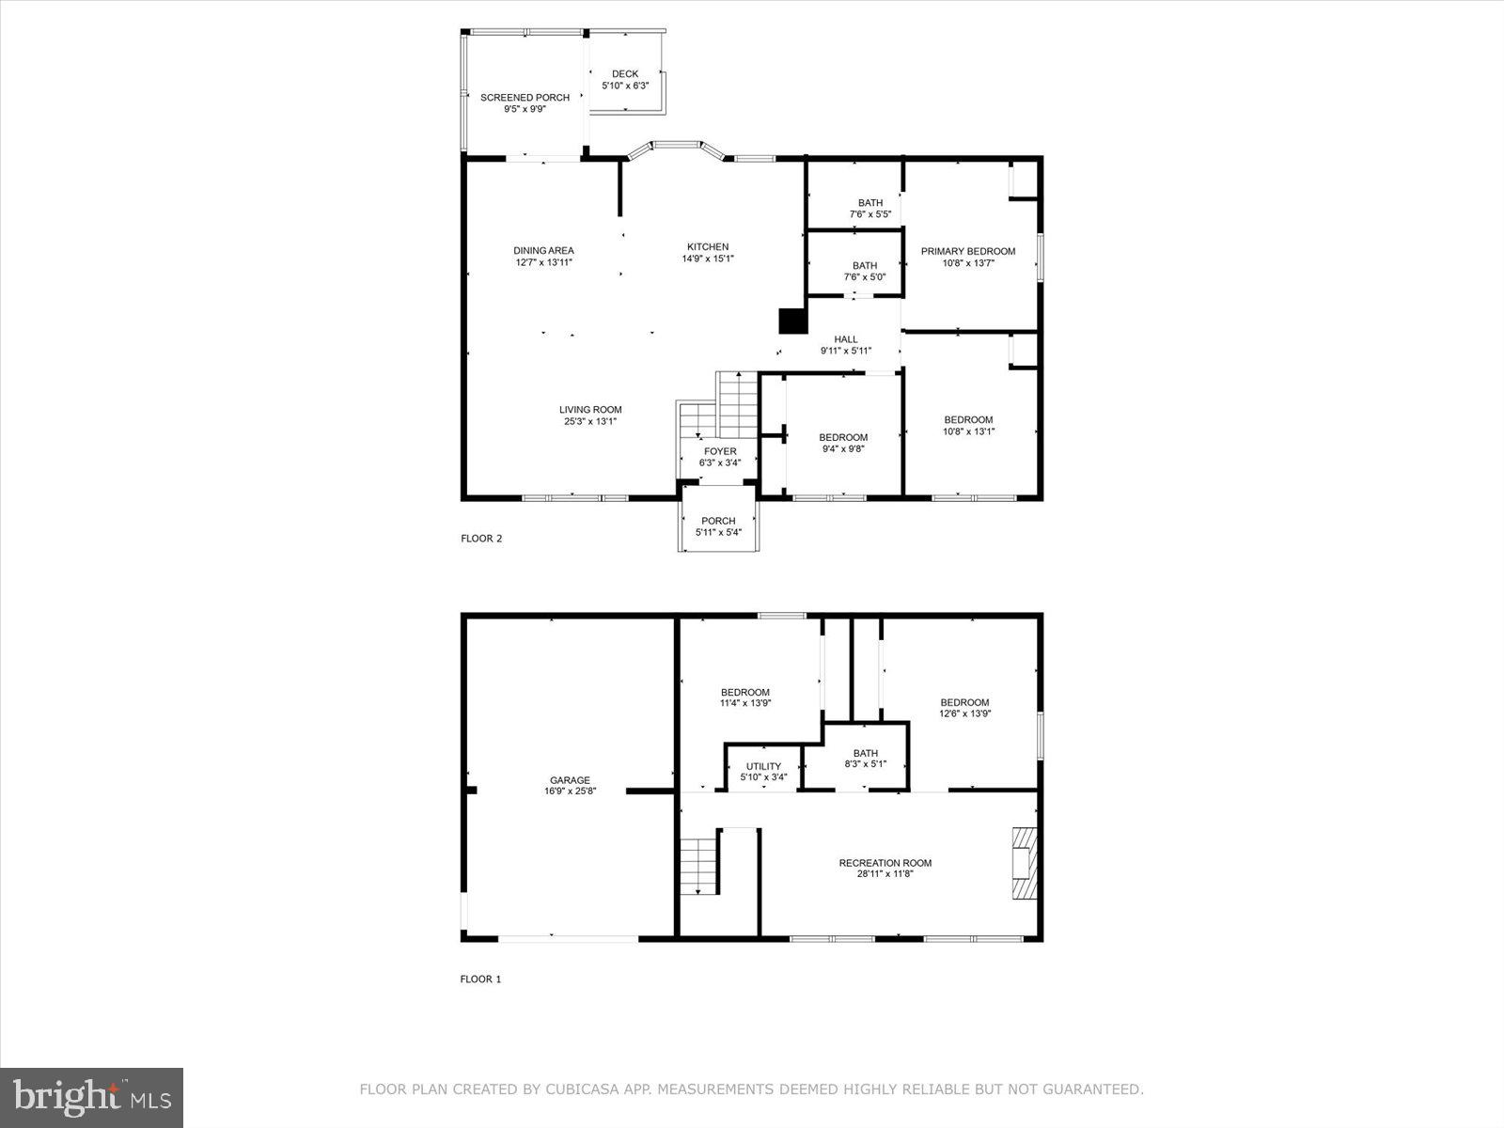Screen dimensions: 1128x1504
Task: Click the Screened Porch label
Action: point(525,98)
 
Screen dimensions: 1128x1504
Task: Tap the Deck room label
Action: point(625,74)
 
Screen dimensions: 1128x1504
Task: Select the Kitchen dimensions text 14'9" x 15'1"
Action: point(707,258)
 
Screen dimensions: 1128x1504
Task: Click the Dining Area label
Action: point(543,251)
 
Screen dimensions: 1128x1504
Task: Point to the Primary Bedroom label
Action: point(968,251)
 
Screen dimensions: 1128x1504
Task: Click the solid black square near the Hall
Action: point(793,321)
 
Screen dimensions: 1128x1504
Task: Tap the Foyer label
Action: point(720,452)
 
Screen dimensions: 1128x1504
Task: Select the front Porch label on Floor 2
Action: point(718,522)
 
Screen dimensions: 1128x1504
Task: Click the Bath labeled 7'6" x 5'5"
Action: point(869,203)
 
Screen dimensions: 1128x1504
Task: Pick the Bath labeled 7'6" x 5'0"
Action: point(864,266)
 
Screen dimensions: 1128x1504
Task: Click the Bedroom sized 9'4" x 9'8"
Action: point(843,438)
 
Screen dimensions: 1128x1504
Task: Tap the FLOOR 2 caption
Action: point(481,539)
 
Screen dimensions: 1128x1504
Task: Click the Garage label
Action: point(570,780)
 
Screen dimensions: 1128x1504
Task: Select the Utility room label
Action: point(763,767)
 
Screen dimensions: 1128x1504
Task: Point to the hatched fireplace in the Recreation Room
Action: point(1023,863)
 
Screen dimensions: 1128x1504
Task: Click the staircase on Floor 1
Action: point(699,866)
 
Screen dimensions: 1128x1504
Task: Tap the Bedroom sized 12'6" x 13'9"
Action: point(964,703)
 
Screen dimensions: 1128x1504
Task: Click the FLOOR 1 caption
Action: point(480,979)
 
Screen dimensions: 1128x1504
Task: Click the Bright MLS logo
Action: point(92,1098)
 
